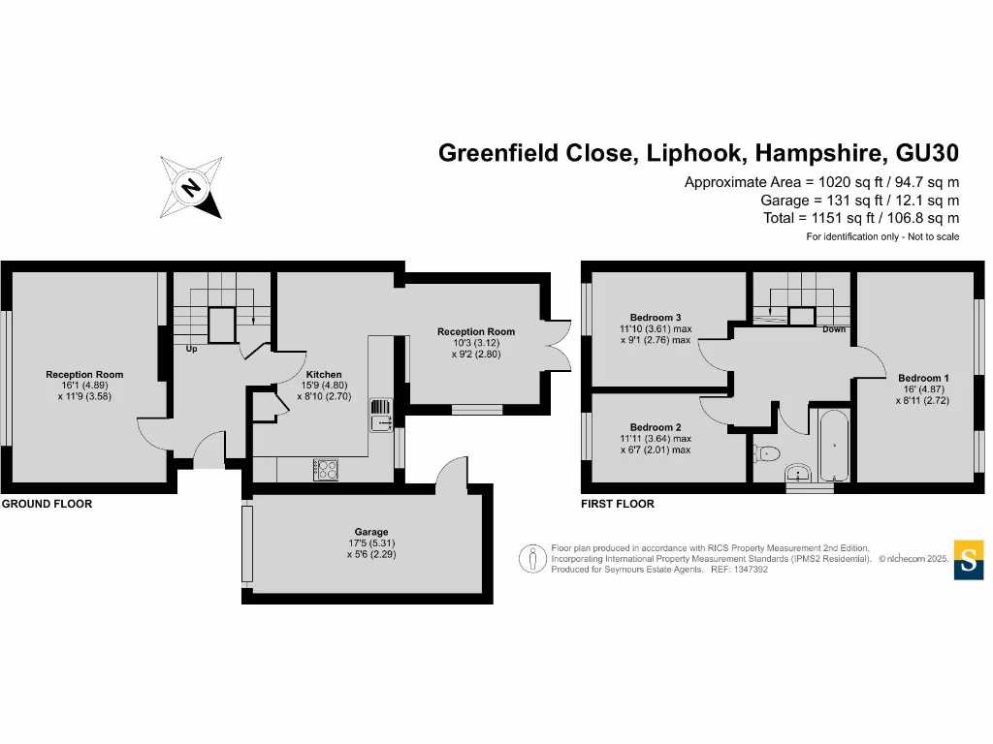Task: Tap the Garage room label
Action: pos(370,532)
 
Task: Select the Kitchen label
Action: pos(324,375)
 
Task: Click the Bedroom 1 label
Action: pos(923,378)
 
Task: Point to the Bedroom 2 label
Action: pos(656,427)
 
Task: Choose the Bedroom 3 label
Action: pos(656,318)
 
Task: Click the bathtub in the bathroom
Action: pos(834,447)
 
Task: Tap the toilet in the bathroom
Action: pos(767,451)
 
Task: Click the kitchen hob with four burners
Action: pos(326,469)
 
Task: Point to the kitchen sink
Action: pos(379,418)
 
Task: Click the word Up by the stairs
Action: pos(191,349)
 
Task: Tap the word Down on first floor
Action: pos(833,329)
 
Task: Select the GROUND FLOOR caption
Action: pos(47,504)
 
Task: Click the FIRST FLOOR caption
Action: pos(618,504)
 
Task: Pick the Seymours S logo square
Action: pos(969,559)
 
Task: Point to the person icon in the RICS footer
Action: pos(530,559)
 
